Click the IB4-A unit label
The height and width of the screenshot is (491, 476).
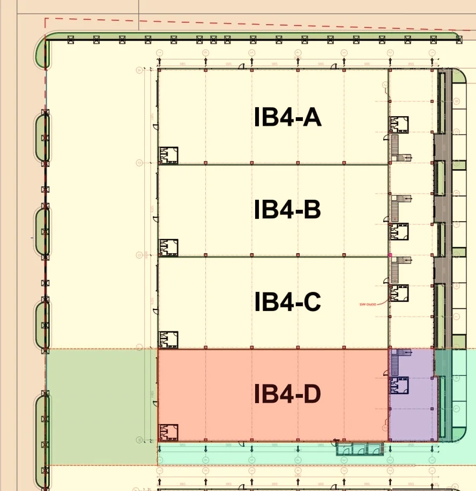coord(288,118)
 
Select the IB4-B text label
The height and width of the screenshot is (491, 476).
coord(288,210)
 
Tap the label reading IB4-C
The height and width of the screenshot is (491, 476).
coord(288,302)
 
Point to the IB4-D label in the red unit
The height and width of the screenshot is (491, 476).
coord(288,394)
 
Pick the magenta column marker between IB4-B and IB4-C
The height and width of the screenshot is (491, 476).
coord(390,256)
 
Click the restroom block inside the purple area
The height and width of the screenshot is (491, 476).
coord(399,385)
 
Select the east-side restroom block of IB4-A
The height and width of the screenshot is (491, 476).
coord(399,125)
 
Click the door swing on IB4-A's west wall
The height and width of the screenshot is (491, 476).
coord(155,126)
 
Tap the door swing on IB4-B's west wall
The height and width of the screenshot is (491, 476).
coord(155,218)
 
